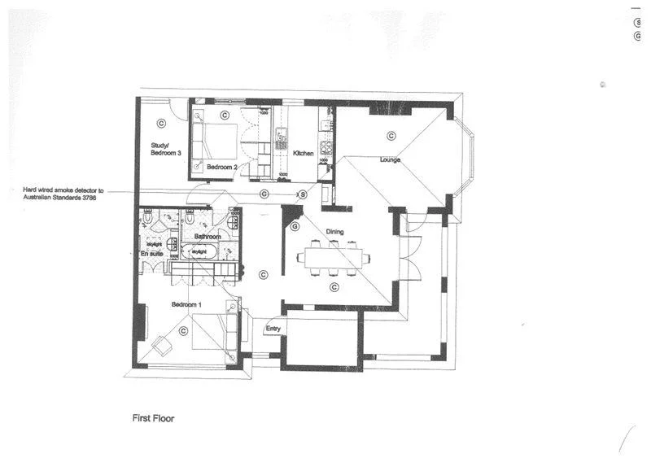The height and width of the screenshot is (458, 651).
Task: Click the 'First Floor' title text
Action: click(153, 419)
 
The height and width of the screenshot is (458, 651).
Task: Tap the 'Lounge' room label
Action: click(391, 159)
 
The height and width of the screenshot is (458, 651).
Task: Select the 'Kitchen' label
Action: click(304, 153)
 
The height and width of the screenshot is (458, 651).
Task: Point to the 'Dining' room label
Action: click(335, 232)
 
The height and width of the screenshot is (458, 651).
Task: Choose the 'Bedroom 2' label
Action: click(221, 166)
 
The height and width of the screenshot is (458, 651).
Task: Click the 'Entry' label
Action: click(273, 328)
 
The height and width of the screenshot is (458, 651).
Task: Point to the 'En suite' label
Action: click(152, 254)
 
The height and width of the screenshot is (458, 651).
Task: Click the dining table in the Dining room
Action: click(334, 258)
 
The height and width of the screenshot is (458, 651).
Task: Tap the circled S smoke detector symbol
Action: click(302, 194)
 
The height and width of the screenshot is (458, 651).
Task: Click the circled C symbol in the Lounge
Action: click(391, 136)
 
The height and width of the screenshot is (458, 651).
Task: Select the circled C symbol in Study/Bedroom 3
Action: click(161, 124)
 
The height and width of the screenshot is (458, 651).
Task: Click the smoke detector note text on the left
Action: click(62, 194)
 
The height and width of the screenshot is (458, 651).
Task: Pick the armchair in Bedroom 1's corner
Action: click(162, 345)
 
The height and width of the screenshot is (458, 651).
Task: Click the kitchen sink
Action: click(282, 135)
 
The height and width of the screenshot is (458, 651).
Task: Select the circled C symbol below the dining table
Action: click(334, 287)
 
